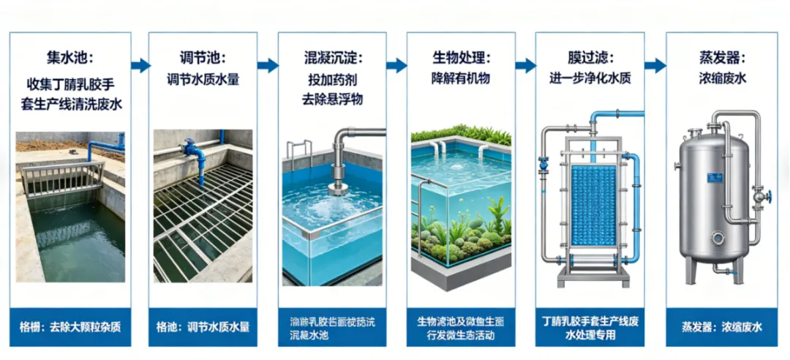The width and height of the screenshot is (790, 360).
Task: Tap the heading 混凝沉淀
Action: pos(333,56)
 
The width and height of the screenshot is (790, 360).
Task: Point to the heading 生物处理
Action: pos(461,56)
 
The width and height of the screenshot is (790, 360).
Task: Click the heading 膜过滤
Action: pos(590,56)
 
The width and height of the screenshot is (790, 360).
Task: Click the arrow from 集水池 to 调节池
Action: pos(140,65)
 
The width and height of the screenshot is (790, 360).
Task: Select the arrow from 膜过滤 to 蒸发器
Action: pos(655,65)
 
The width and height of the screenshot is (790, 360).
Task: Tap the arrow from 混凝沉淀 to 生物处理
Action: pos(396,65)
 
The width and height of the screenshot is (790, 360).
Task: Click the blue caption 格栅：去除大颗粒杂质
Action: pos(70,327)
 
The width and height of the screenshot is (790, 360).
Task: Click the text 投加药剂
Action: pos(333,80)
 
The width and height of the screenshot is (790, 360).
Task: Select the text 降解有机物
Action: pos(461,78)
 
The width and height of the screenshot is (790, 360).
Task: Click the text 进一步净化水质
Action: pos(590,78)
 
